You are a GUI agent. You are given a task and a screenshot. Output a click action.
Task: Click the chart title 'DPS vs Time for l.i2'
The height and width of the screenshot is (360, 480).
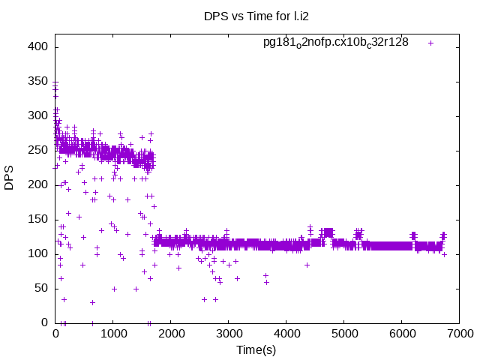click(255, 15)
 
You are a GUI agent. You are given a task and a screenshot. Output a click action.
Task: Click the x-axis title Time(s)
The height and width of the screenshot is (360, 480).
click(255, 349)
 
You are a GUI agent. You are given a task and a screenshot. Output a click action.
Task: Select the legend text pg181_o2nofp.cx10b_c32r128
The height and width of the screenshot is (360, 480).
click(335, 42)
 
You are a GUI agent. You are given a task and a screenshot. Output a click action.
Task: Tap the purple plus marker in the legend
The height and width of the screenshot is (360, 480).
click(430, 43)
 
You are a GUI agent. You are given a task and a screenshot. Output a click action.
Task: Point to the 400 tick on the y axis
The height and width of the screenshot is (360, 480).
click(39, 46)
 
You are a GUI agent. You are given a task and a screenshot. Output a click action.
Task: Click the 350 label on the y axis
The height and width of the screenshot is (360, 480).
click(39, 81)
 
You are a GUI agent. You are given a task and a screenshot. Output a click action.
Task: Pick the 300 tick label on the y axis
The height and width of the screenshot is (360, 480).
click(39, 115)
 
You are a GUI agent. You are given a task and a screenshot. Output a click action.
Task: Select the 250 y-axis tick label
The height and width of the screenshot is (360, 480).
click(39, 150)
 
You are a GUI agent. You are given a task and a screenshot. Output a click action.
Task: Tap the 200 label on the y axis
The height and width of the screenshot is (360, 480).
click(39, 184)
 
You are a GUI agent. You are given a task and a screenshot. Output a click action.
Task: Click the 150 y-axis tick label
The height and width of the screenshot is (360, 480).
click(39, 219)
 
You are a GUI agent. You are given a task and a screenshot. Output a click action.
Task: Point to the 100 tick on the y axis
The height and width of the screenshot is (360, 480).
click(39, 253)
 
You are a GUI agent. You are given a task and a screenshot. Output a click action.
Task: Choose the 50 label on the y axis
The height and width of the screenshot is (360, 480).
click(42, 288)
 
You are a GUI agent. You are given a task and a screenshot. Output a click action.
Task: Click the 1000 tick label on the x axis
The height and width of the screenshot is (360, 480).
click(113, 333)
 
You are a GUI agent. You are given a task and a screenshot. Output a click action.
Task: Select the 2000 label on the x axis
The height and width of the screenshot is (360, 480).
click(171, 333)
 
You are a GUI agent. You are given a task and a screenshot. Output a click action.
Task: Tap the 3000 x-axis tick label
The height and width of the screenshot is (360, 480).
click(229, 333)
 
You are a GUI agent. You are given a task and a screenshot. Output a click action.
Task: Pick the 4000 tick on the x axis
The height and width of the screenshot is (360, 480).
click(286, 333)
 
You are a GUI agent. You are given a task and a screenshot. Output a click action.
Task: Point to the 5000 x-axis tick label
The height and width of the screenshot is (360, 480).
click(344, 333)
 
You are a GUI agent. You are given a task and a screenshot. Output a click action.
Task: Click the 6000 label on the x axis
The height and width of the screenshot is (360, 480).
click(402, 333)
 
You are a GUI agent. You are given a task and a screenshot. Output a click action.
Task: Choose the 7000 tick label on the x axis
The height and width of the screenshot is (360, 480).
click(460, 333)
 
